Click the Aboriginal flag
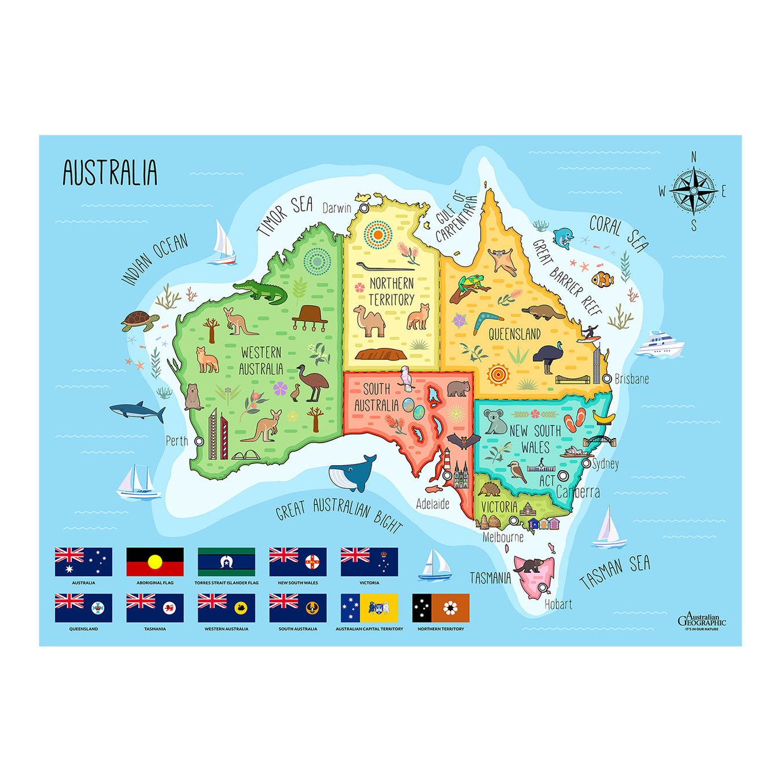click(x=155, y=562)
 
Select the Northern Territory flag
click(x=440, y=608)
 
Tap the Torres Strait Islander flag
click(x=226, y=562)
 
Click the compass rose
click(x=693, y=190)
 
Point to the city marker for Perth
click(x=199, y=441)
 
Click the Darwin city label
click(x=337, y=208)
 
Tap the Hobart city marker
click(x=543, y=588)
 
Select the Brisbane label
click(x=632, y=380)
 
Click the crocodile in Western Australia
click(x=261, y=291)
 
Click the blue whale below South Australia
click(x=353, y=473)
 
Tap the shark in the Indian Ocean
click(x=138, y=411)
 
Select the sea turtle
click(x=139, y=320)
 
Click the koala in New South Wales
click(x=495, y=422)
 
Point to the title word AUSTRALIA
click(x=110, y=172)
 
